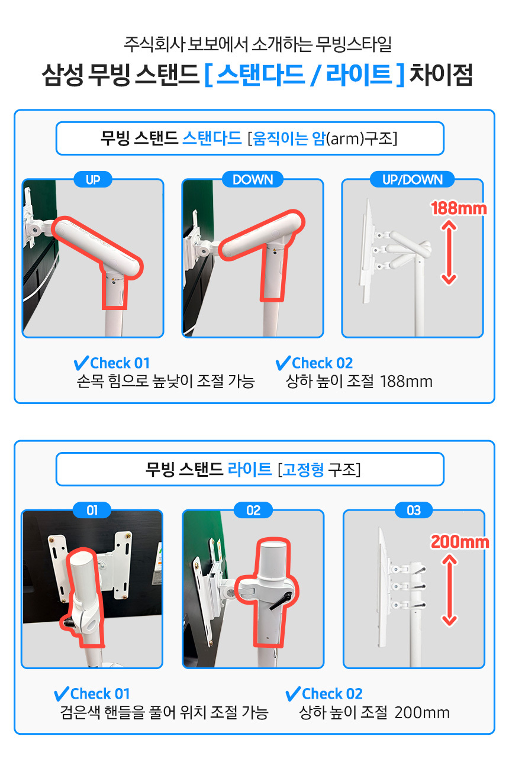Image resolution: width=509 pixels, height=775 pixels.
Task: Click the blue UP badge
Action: click(x=93, y=180)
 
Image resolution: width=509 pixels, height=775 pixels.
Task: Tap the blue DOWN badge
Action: click(x=253, y=180)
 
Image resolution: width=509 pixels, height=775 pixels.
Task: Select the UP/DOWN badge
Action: click(x=412, y=180)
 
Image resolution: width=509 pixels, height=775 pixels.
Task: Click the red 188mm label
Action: click(x=459, y=208)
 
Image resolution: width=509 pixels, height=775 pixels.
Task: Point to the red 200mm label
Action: click(x=459, y=542)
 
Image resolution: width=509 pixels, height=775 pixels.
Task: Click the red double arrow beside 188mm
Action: click(x=449, y=253)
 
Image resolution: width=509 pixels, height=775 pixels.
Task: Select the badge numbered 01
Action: click(x=92, y=511)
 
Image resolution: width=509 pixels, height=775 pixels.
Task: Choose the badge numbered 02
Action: click(x=253, y=511)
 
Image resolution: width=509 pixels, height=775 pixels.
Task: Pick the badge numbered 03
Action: click(x=414, y=511)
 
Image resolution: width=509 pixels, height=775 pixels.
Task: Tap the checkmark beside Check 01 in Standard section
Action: click(x=81, y=363)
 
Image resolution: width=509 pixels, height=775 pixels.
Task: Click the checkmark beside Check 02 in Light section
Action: click(x=293, y=694)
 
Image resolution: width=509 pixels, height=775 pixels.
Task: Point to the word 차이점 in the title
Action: click(x=441, y=75)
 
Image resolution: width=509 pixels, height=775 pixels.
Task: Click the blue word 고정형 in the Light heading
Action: click(x=304, y=470)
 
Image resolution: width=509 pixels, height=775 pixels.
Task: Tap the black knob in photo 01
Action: click(x=66, y=623)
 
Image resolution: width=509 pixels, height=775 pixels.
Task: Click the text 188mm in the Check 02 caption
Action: click(x=406, y=382)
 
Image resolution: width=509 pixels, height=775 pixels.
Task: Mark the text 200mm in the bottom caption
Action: click(x=422, y=712)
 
